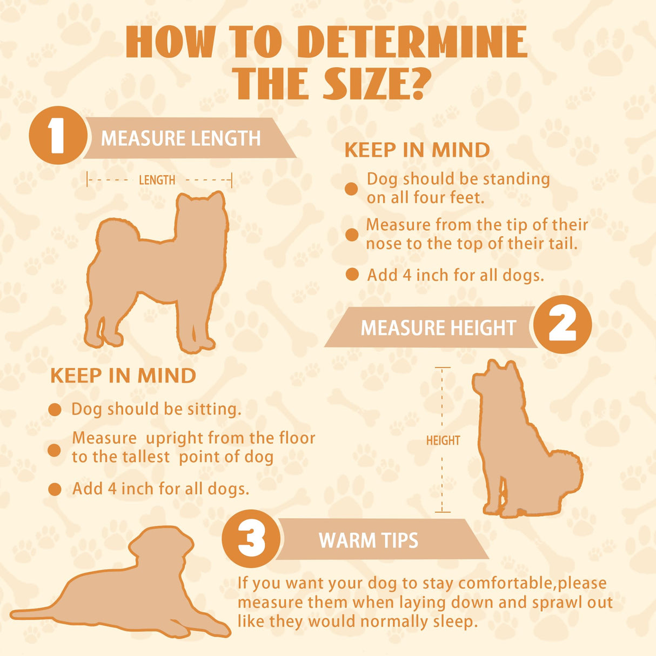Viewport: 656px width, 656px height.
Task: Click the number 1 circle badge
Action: [58, 136]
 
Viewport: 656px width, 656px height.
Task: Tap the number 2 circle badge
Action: [563, 324]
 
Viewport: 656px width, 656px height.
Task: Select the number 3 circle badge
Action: [251, 539]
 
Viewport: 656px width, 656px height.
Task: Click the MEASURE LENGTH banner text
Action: [181, 138]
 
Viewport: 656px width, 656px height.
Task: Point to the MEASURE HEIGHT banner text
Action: [438, 327]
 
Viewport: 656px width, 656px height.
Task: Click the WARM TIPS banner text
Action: [369, 540]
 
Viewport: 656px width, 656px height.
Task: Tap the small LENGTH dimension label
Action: [157, 180]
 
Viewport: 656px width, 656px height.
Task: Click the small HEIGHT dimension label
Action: [443, 440]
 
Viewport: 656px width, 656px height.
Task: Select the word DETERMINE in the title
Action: [414, 42]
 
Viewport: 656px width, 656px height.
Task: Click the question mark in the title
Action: [414, 84]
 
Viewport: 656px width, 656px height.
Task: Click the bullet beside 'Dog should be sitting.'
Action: [55, 410]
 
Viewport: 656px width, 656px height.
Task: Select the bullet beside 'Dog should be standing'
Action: [351, 189]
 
